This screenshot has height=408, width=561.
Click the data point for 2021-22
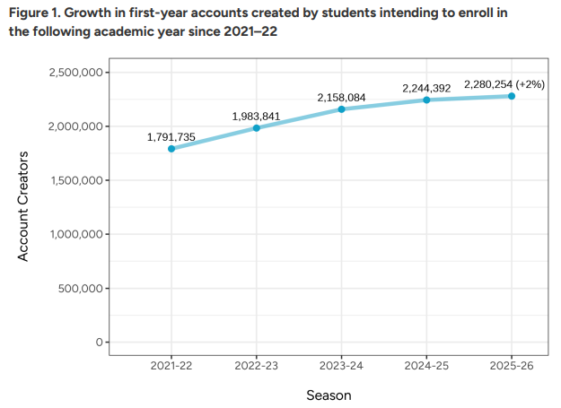[171, 149]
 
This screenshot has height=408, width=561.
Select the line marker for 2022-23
[257, 128]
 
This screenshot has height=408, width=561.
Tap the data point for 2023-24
[342, 109]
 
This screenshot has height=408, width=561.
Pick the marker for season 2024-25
[426, 100]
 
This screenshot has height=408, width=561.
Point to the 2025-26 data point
[512, 96]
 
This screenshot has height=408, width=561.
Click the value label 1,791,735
[171, 136]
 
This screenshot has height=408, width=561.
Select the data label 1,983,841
[256, 117]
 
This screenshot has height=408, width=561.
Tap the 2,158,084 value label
[341, 97]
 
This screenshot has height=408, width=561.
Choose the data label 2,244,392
[426, 88]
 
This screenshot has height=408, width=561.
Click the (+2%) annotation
[530, 83]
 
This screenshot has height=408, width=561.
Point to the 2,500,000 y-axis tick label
[74, 73]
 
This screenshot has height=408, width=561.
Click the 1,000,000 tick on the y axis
[74, 235]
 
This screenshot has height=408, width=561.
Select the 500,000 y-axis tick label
[80, 289]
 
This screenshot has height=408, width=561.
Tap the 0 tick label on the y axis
[101, 343]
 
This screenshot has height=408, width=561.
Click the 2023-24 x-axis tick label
[342, 365]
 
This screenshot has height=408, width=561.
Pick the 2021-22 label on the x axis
[171, 365]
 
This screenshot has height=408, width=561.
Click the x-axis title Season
[329, 395]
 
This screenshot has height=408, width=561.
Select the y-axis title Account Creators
[24, 206]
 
